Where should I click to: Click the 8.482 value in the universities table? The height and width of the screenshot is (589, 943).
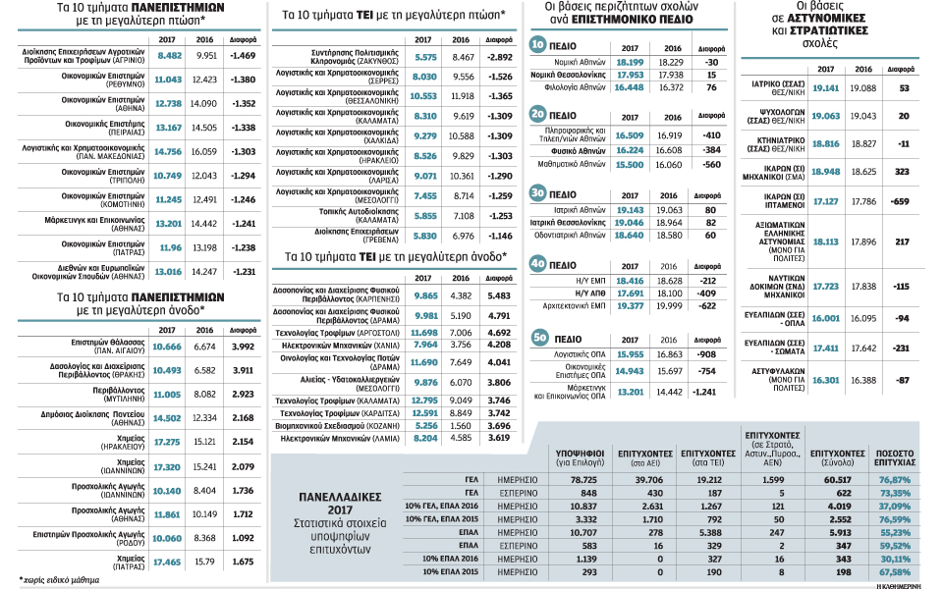point(170,56)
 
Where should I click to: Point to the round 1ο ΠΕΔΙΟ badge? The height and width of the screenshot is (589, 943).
point(538,45)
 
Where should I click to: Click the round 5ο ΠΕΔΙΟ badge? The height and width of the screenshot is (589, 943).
point(538,338)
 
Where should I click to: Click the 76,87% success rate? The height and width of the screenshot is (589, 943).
point(896,479)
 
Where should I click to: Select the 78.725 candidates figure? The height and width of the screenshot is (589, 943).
point(559,479)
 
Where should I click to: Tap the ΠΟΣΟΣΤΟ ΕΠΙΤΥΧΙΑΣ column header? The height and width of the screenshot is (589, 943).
point(896,457)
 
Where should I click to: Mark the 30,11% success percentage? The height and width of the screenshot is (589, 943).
point(896,556)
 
